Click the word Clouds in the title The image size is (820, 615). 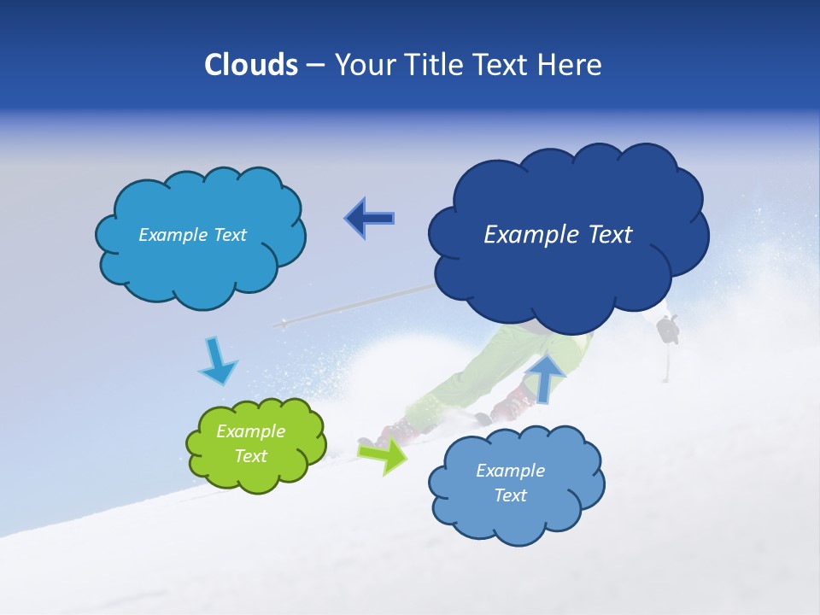(251, 65)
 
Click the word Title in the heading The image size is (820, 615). (435, 65)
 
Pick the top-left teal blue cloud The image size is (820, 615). (200, 265)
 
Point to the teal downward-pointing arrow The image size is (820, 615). (218, 362)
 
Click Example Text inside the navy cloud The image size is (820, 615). (558, 235)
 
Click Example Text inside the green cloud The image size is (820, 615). (250, 444)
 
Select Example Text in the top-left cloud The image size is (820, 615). (192, 235)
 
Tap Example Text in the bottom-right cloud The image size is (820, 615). (510, 483)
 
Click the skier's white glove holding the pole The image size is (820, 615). (668, 328)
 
